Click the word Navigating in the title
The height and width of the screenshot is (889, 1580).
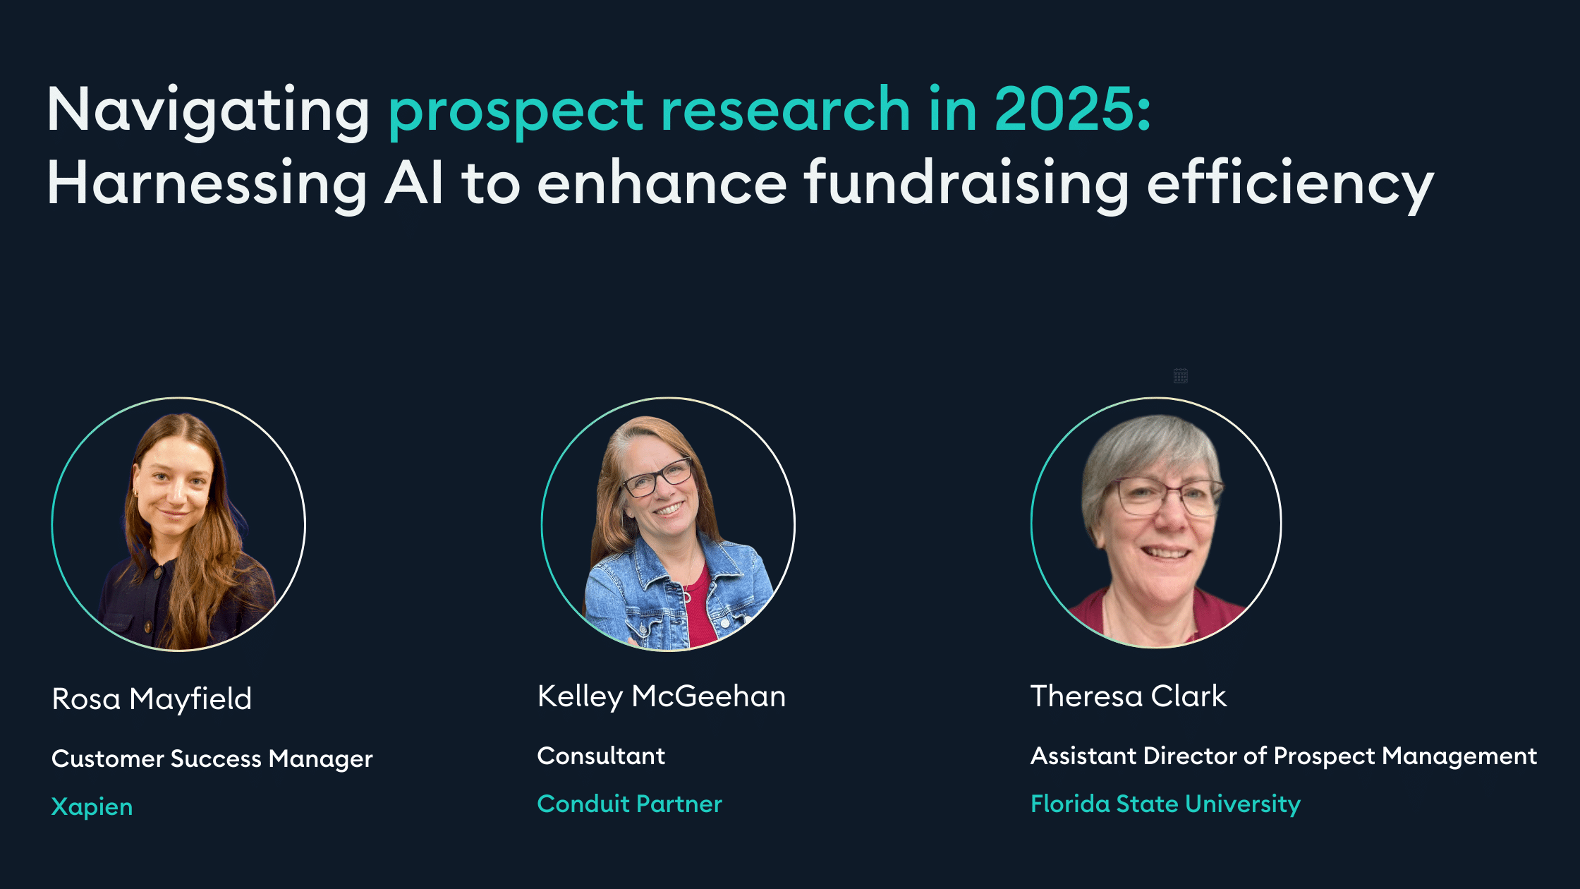(x=208, y=111)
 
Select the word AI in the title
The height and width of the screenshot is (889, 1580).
(x=414, y=182)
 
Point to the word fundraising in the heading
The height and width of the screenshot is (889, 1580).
(x=967, y=185)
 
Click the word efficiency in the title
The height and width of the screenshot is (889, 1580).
(x=1290, y=185)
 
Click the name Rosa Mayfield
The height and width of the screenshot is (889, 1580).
(x=152, y=699)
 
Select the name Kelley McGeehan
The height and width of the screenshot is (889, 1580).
(x=662, y=696)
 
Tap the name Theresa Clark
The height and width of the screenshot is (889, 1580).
(x=1129, y=696)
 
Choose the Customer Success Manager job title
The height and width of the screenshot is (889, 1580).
(x=212, y=759)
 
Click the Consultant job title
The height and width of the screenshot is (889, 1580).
(x=601, y=756)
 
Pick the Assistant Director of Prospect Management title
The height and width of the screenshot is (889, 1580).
(x=1284, y=756)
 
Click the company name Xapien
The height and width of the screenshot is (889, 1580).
(x=92, y=806)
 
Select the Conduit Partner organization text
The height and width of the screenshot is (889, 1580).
(x=630, y=804)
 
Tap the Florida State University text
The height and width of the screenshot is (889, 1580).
(x=1166, y=804)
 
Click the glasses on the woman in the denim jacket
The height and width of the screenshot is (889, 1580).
(x=656, y=478)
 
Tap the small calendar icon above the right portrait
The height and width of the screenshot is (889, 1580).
(x=1181, y=375)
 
